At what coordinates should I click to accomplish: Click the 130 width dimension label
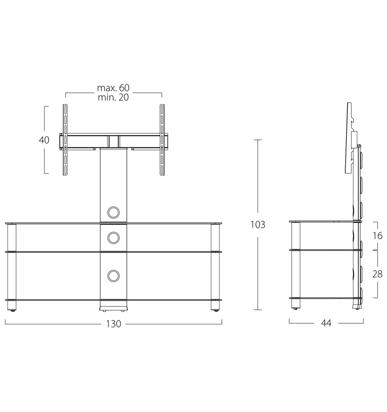(114, 324)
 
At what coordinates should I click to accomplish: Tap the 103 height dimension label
(258, 225)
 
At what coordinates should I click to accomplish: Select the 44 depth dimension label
(326, 323)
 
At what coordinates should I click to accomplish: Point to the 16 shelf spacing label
(378, 236)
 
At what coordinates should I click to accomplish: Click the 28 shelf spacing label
(377, 274)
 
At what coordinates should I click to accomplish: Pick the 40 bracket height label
(44, 140)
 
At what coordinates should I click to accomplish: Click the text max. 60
(113, 87)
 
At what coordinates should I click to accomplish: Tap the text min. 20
(113, 97)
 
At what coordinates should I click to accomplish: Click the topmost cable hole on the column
(114, 212)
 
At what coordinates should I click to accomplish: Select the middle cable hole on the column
(114, 238)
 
